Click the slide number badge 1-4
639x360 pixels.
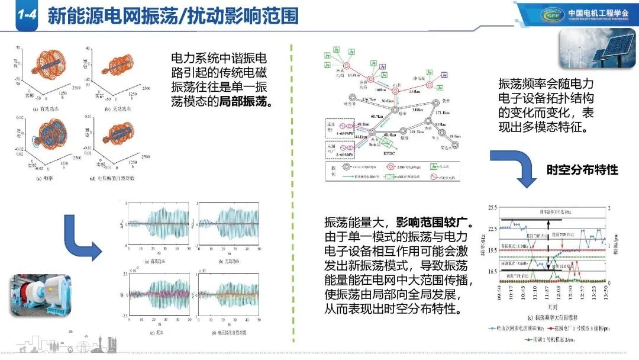coord(24,16)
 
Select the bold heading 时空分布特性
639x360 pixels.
coord(582,170)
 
